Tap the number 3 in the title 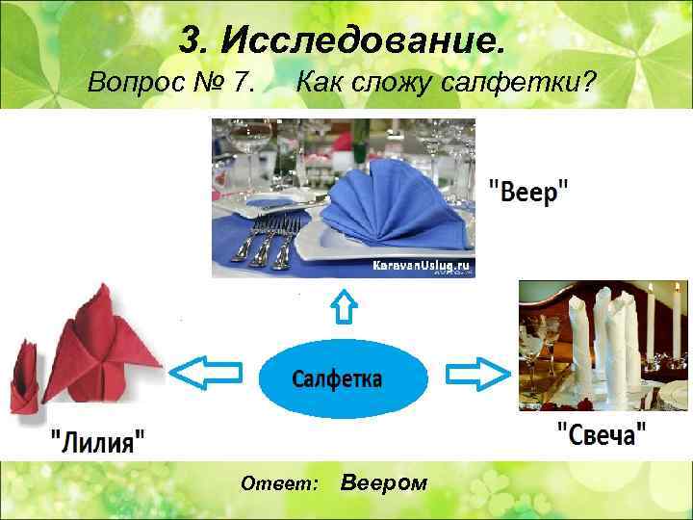[191, 41]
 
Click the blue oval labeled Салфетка [343, 377]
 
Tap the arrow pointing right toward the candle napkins [478, 372]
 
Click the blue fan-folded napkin [385, 207]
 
